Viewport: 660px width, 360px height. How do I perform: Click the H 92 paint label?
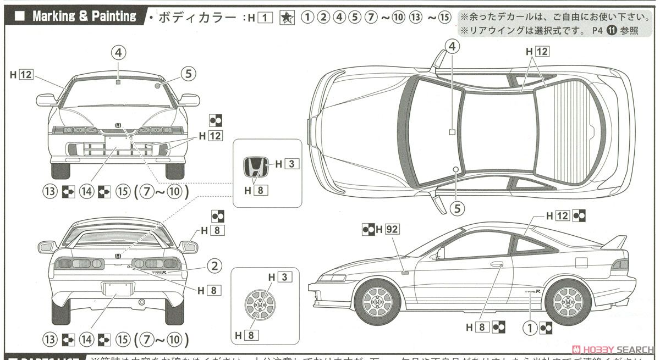coord(386,229)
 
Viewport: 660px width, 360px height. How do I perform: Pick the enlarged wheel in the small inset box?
coord(257,303)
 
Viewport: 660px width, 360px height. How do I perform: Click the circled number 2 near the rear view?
coord(216,265)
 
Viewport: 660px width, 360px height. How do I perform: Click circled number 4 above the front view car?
coord(119,52)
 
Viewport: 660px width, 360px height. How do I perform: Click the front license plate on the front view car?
coord(117,141)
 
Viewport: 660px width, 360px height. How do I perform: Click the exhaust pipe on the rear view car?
coord(141,302)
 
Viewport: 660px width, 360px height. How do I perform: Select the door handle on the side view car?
coord(496,264)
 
